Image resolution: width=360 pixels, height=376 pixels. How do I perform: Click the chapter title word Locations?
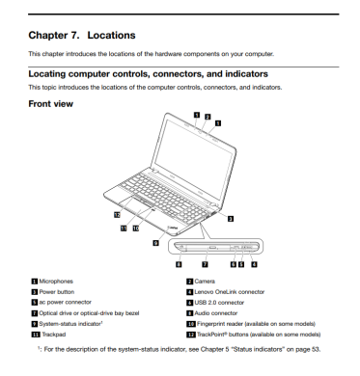point(111,35)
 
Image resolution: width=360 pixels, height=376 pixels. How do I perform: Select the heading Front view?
point(51,104)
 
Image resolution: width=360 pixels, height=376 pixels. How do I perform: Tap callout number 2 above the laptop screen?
point(208,117)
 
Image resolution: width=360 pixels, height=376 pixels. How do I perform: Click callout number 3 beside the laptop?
point(231,219)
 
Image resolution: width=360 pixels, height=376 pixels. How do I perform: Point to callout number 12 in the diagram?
point(117,215)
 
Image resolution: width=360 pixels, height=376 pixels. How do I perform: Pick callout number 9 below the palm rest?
point(155,243)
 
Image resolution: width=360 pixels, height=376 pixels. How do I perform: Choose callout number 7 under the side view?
point(205,264)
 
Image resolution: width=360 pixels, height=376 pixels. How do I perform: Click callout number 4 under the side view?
point(254,264)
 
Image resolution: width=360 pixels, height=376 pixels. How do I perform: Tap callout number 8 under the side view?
point(179,264)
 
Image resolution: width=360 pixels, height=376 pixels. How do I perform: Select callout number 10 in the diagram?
point(136,228)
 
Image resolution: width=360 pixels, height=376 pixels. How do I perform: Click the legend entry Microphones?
point(56,282)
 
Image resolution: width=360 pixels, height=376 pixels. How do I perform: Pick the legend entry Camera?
point(205,282)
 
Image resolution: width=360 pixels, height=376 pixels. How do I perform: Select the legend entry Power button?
point(57,292)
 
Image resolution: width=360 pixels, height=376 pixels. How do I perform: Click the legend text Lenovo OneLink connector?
point(230,292)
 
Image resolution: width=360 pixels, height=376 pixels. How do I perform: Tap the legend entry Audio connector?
point(216,313)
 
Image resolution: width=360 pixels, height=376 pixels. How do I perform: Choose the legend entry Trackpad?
point(54,335)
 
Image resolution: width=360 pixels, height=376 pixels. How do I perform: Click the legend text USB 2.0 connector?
point(219,303)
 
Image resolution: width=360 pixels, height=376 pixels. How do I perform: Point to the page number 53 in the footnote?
point(316,349)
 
